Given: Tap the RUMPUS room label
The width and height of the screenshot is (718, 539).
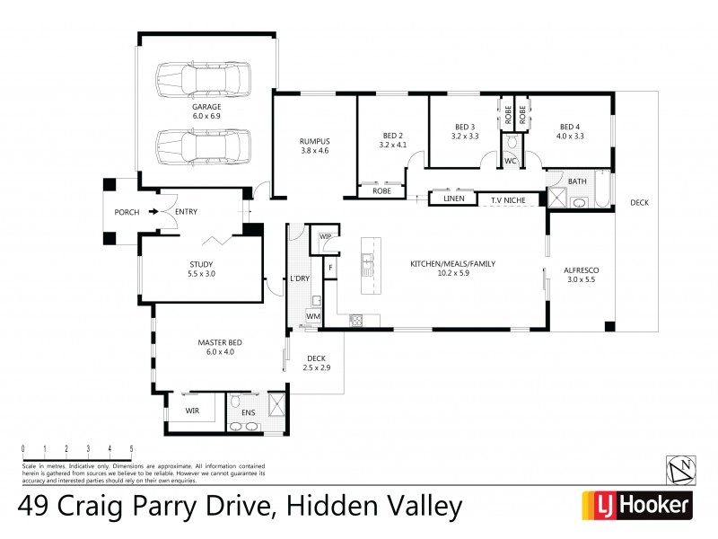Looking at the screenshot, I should pos(314,142).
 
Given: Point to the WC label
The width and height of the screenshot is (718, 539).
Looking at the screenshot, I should pos(510,161).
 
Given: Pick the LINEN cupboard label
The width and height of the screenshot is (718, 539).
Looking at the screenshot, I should pos(453,199).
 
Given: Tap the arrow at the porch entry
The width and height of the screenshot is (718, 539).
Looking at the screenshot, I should pos(154,212).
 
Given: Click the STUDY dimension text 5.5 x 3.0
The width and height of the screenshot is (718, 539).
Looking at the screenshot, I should pos(201,273).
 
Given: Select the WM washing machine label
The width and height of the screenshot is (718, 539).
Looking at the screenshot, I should pos(312,316).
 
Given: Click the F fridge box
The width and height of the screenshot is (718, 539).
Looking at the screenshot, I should pos(330,268).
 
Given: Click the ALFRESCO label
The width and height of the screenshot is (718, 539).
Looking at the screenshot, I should pos(581,270).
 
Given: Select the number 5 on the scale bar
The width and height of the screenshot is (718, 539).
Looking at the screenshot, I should pos(131,448).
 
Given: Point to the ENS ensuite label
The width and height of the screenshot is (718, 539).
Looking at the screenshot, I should pos(249,412).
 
